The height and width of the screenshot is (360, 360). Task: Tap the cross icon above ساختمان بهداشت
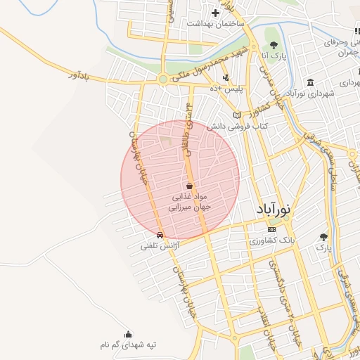click(x=216, y=12)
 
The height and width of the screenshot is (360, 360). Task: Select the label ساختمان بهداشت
click(x=216, y=23)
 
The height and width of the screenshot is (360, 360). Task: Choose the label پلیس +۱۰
click(x=228, y=88)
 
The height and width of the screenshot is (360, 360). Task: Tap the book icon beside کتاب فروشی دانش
click(x=237, y=115)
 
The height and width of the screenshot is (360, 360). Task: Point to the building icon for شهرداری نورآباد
click(x=310, y=83)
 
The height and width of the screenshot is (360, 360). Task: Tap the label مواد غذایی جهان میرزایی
click(x=189, y=202)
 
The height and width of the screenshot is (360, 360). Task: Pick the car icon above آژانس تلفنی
click(x=161, y=235)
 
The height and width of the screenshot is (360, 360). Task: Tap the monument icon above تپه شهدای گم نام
click(x=127, y=335)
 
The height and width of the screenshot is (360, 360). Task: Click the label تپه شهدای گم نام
click(x=127, y=345)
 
